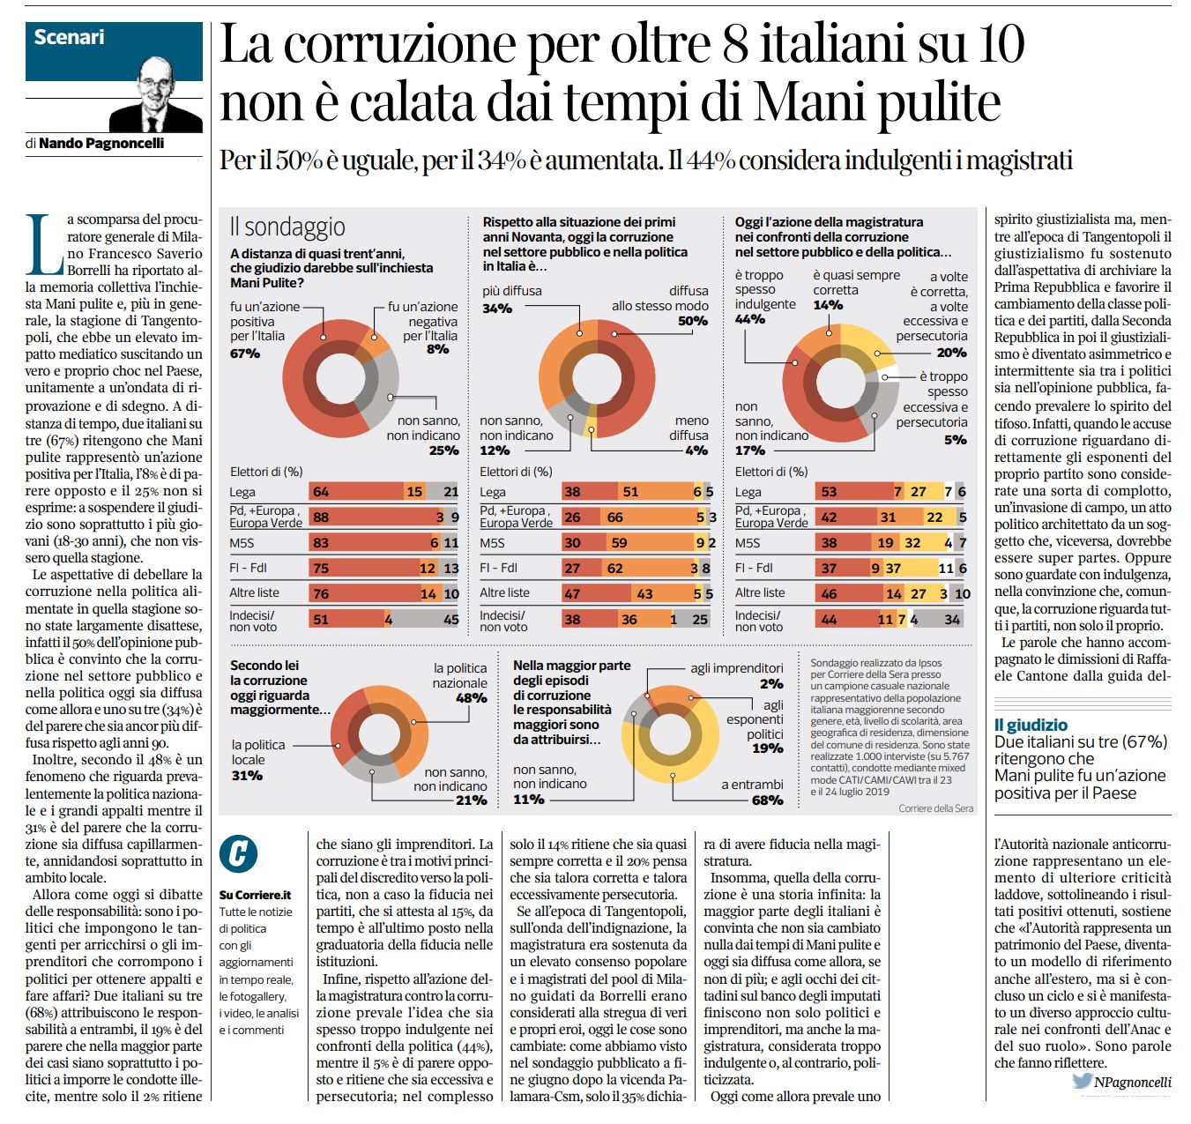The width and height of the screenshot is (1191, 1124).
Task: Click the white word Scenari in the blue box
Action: [69, 37]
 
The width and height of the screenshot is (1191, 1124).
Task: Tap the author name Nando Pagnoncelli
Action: [101, 144]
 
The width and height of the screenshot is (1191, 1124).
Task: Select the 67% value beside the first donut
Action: [245, 354]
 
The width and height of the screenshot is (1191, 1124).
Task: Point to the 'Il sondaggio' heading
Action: [287, 227]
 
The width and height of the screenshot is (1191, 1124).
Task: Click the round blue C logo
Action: [238, 854]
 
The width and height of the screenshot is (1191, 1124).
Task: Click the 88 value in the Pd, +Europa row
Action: [321, 517]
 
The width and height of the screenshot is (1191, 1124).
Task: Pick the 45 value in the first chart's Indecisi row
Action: [451, 620]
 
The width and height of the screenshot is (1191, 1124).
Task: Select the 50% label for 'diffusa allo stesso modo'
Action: [693, 321]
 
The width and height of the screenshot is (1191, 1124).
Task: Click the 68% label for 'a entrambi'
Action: [768, 800]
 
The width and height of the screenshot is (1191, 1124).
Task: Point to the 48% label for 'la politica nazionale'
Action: [472, 698]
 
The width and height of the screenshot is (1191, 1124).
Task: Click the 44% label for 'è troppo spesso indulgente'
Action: [750, 319]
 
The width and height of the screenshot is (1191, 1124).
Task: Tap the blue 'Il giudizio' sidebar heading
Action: [1031, 726]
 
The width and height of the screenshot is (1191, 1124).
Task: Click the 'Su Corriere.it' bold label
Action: [255, 895]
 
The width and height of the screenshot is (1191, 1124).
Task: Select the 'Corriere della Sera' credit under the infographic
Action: [935, 808]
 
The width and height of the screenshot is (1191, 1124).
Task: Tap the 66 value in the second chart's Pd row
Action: [614, 517]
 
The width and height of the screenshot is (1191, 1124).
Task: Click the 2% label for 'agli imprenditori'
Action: [771, 684]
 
